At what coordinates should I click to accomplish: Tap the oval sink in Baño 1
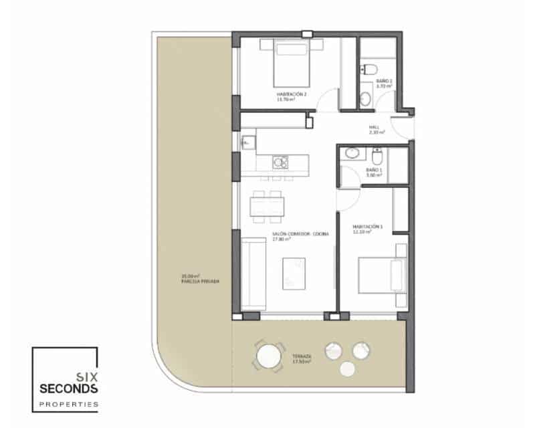click(351, 154)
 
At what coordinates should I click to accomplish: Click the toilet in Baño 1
click(377, 157)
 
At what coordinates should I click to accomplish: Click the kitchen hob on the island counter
click(280, 162)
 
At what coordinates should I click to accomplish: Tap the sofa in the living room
click(253, 273)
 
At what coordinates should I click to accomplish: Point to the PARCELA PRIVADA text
click(192, 282)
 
